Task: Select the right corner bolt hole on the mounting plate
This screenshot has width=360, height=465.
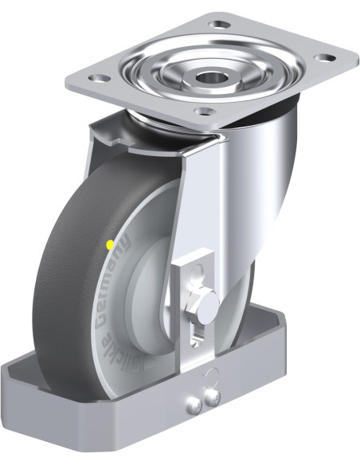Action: pyautogui.click(x=323, y=57)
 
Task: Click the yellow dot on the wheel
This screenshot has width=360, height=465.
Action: pyautogui.click(x=109, y=243)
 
